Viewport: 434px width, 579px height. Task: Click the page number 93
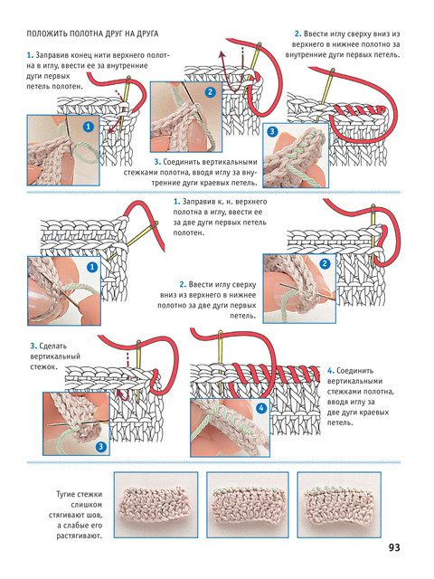(x=394, y=547)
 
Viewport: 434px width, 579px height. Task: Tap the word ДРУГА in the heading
(x=146, y=34)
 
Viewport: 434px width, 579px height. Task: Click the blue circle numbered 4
(x=261, y=408)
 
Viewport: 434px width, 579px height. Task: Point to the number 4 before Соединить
(x=330, y=371)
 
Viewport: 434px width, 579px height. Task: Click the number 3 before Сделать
(x=33, y=346)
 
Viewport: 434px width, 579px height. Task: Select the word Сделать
(x=52, y=346)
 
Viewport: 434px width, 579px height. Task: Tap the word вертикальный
(x=55, y=356)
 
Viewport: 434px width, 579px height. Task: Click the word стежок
(x=43, y=367)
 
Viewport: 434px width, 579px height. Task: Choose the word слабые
(x=77, y=526)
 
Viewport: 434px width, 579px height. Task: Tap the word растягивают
(x=79, y=536)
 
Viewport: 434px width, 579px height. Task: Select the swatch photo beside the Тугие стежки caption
(x=156, y=505)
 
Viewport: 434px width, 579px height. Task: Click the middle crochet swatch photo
(x=247, y=505)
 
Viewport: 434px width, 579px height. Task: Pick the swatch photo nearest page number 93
(x=339, y=505)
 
